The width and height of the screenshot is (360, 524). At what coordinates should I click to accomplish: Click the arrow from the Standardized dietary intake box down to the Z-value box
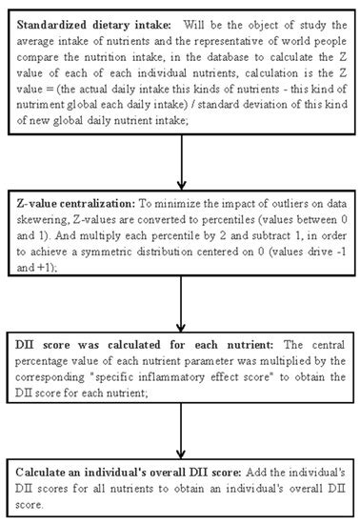[180, 163]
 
